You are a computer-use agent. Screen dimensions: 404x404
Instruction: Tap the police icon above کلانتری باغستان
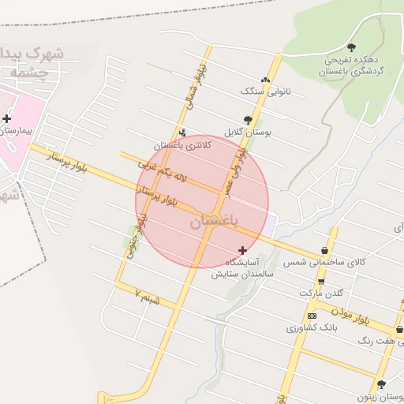coord(183,133)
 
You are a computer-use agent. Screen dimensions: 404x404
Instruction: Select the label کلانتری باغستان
coord(183,145)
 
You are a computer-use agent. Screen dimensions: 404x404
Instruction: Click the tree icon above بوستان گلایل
coord(248,120)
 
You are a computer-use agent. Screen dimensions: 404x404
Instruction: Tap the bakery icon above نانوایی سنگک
coord(265,80)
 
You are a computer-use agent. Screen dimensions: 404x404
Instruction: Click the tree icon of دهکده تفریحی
coord(351,47)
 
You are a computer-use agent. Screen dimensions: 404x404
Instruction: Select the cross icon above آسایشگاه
coord(242,250)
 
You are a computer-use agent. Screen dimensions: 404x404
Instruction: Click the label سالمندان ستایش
coord(241,275)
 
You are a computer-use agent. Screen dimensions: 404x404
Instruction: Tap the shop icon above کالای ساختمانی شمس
coord(324,250)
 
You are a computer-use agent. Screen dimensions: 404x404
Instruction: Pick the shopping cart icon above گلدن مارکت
coord(321,282)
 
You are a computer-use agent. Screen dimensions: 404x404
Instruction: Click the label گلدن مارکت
coord(322,294)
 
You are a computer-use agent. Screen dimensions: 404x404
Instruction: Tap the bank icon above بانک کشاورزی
coord(312,315)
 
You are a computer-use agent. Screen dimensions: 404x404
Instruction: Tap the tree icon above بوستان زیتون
coord(382,384)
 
